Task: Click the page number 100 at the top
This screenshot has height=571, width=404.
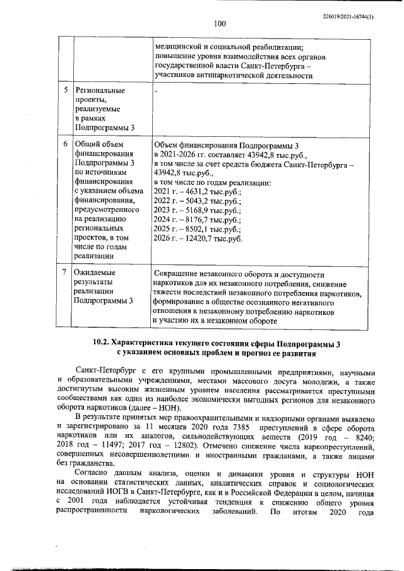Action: pyautogui.click(x=220, y=24)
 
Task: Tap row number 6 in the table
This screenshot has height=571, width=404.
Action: pyautogui.click(x=66, y=144)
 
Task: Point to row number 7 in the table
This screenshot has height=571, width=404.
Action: pyautogui.click(x=66, y=273)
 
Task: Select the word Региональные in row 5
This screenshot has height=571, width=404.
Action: pyautogui.click(x=100, y=90)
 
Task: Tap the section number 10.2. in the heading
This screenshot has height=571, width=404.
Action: pyautogui.click(x=103, y=343)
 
